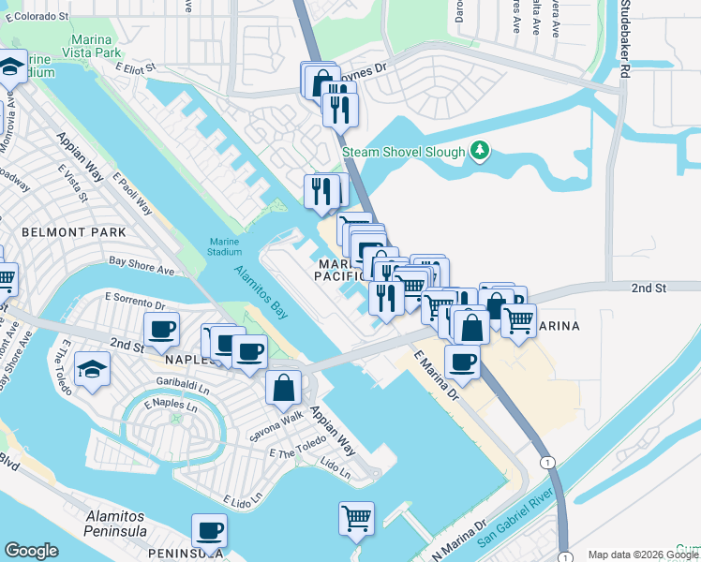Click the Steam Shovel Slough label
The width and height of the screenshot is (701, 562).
tap(403, 152)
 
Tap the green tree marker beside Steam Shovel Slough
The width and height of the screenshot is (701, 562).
tap(480, 150)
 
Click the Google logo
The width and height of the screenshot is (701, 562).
tap(32, 551)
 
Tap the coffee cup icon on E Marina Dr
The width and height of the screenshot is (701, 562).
tap(461, 362)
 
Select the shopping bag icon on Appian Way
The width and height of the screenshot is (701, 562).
tap(283, 388)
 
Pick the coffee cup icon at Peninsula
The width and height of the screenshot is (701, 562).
tap(209, 531)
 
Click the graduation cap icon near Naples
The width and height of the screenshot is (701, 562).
tap(93, 369)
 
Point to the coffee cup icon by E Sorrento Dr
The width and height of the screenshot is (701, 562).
tap(161, 329)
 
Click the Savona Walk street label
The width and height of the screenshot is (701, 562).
tap(276, 426)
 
